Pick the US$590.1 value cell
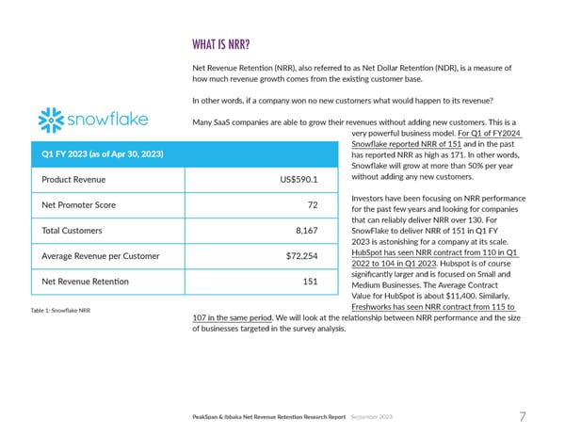(297, 180)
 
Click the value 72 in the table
(312, 204)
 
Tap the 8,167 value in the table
(304, 230)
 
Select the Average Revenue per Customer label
(105, 255)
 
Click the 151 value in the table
(309, 281)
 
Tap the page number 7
(523, 417)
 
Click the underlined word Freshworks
(375, 307)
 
